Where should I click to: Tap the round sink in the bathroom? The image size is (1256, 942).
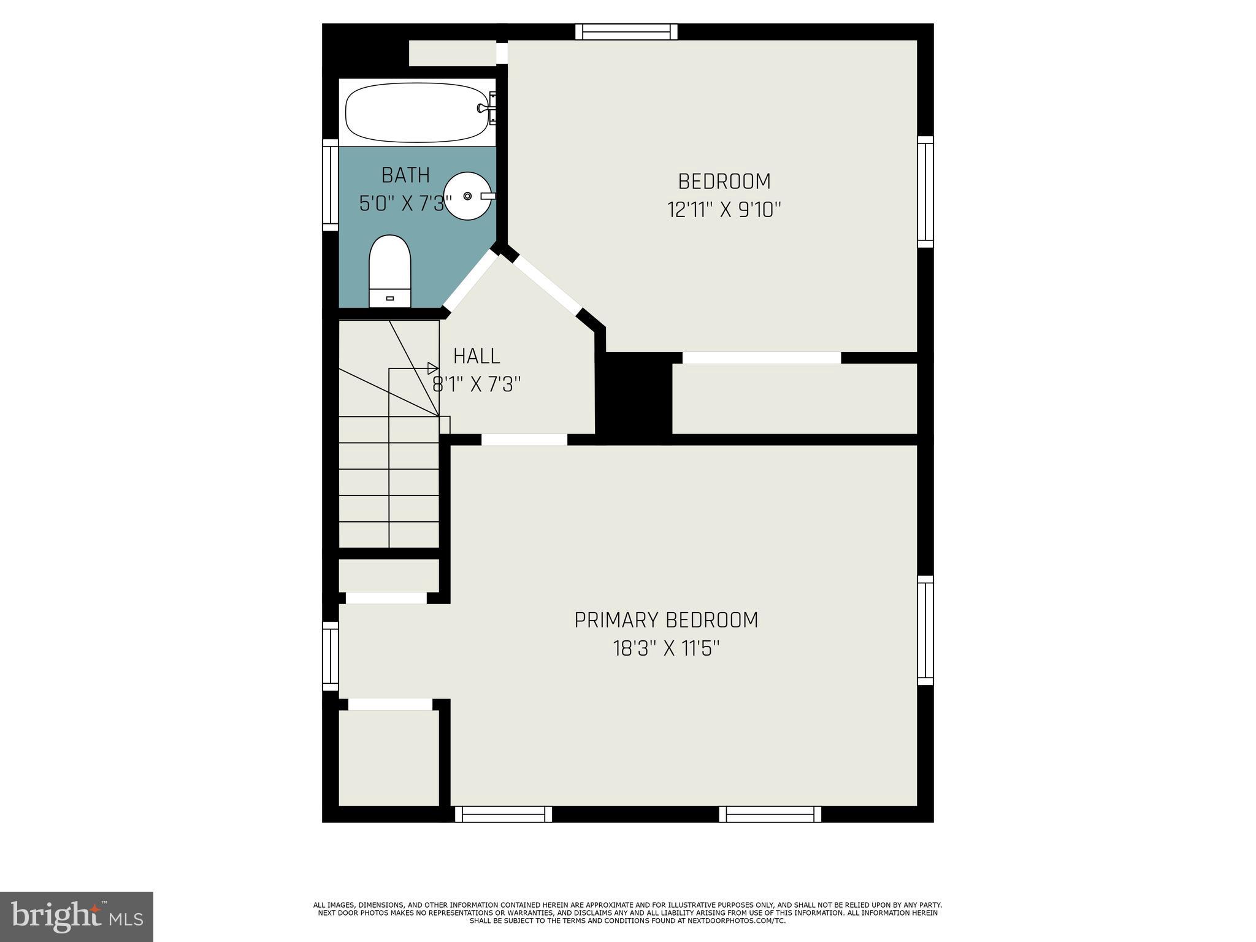coord(468,196)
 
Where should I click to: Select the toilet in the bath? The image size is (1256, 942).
coord(389,271)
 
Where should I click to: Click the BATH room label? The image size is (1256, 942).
coord(405,175)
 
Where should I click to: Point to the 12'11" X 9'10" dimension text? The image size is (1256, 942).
coord(724,210)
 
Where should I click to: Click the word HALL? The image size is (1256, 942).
coord(477,356)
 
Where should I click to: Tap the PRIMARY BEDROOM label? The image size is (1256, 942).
coord(666,620)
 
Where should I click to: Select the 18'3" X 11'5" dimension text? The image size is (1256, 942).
coord(666,648)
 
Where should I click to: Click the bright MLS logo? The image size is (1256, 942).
coord(76,916)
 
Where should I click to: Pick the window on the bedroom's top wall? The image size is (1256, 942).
coord(626,31)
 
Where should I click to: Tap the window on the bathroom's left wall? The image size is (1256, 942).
coord(331,185)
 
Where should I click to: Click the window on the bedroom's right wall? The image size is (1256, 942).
coord(925,191)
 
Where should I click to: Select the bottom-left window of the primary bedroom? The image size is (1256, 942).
coord(504,814)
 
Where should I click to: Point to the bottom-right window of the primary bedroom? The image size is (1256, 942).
coord(770,814)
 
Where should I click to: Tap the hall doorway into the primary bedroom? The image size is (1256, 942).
coord(524,439)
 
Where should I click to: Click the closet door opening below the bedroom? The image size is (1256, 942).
coord(761,358)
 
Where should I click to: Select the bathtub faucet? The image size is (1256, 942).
coord(484,109)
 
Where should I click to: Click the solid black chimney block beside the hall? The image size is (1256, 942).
coord(635,396)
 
